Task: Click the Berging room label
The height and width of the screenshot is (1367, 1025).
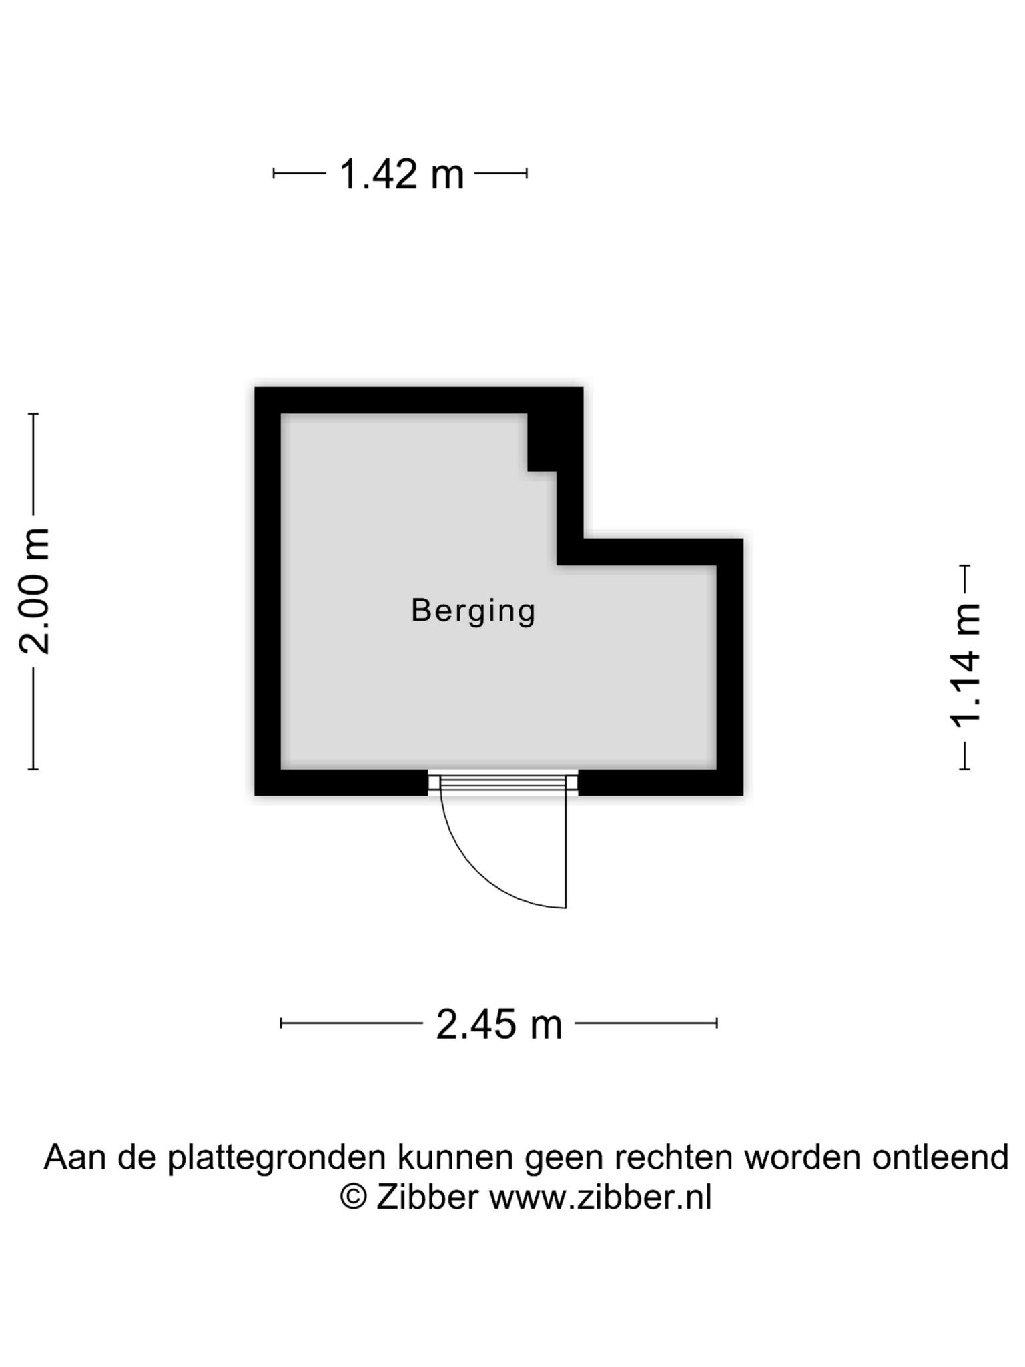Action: [473, 611]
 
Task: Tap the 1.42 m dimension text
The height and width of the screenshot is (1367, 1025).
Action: [401, 174]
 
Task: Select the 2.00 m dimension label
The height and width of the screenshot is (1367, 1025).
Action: [34, 591]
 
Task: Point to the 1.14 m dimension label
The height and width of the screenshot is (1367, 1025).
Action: [965, 665]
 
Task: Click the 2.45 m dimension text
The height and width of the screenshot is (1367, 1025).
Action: [499, 1025]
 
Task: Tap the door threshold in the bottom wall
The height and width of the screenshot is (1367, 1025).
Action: [502, 783]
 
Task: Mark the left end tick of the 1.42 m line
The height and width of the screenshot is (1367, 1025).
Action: [274, 174]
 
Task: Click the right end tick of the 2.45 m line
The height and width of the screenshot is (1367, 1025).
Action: [717, 1023]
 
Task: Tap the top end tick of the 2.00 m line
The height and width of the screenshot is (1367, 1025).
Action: [33, 414]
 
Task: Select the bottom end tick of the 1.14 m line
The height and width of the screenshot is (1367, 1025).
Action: [964, 769]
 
